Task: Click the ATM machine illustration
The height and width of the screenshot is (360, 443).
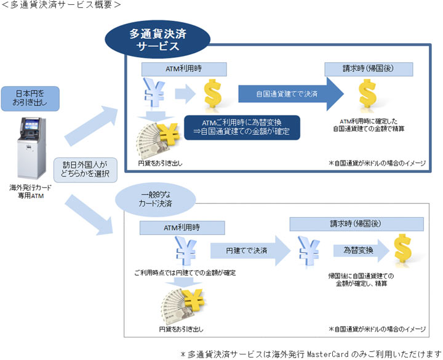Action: point(32,150)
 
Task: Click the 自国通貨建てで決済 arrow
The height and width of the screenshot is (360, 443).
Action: point(290,95)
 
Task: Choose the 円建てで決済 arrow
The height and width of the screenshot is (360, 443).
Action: point(249,250)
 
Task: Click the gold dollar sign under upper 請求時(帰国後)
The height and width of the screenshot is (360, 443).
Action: point(367,94)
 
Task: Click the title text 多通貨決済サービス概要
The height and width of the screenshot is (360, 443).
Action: point(61,5)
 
